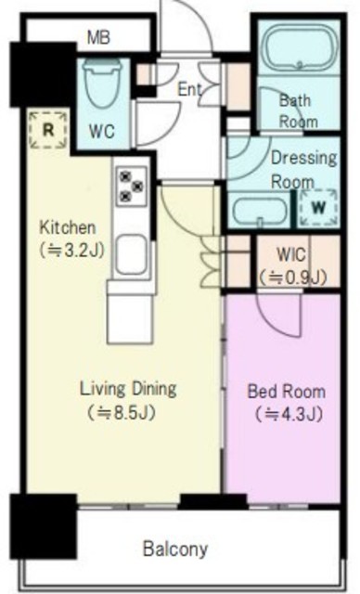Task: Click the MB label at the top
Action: coord(98,37)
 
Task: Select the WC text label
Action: coord(101,132)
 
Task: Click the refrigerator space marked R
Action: coord(48,130)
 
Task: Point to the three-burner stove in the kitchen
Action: coord(132,186)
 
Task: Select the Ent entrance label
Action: coord(189,90)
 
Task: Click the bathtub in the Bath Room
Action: coord(299,47)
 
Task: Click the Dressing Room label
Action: coord(303,169)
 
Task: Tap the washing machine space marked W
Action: coord(318,207)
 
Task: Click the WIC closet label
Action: coord(291,254)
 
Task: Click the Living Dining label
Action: coord(128,389)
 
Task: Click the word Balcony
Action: coord(175,549)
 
